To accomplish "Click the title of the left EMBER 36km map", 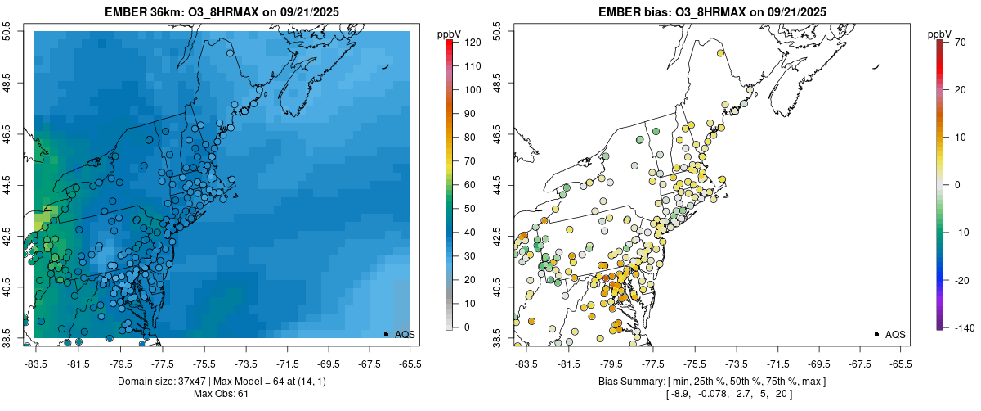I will [222, 12].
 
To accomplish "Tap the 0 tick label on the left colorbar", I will [466, 327].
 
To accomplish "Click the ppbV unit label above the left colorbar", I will [449, 34].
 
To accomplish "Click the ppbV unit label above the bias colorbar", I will [939, 34].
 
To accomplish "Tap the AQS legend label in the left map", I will [405, 335].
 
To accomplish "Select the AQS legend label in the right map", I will [895, 335].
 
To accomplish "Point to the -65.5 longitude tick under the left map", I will [410, 364].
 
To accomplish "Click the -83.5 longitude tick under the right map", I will [526, 364].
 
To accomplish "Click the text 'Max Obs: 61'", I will [222, 395].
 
